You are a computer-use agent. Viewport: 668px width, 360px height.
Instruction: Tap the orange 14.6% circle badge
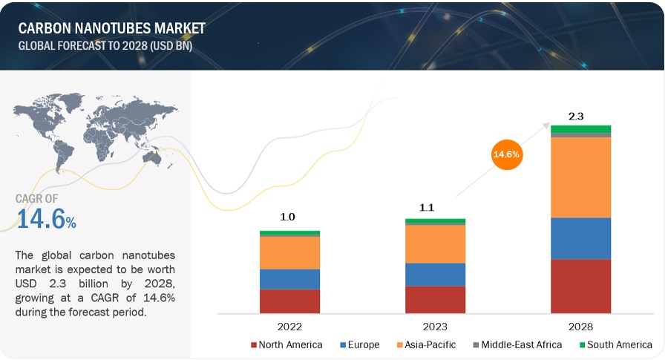(x=507, y=154)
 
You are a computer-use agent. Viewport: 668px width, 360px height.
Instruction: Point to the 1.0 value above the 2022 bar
(x=289, y=217)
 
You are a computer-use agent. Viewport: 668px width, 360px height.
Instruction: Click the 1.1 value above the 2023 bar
(x=435, y=209)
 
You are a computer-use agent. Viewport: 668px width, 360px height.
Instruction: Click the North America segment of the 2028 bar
(x=580, y=286)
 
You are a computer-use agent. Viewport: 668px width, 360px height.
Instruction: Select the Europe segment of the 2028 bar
(x=580, y=238)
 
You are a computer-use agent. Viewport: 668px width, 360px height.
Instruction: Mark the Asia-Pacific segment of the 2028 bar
(x=580, y=177)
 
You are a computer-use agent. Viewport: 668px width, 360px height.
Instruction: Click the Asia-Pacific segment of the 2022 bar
(x=289, y=252)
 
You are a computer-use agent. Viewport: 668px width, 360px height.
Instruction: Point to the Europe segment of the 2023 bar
(x=435, y=274)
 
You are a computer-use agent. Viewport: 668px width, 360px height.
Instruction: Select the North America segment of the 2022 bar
(x=289, y=301)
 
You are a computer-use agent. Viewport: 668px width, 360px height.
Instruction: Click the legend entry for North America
(x=287, y=344)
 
